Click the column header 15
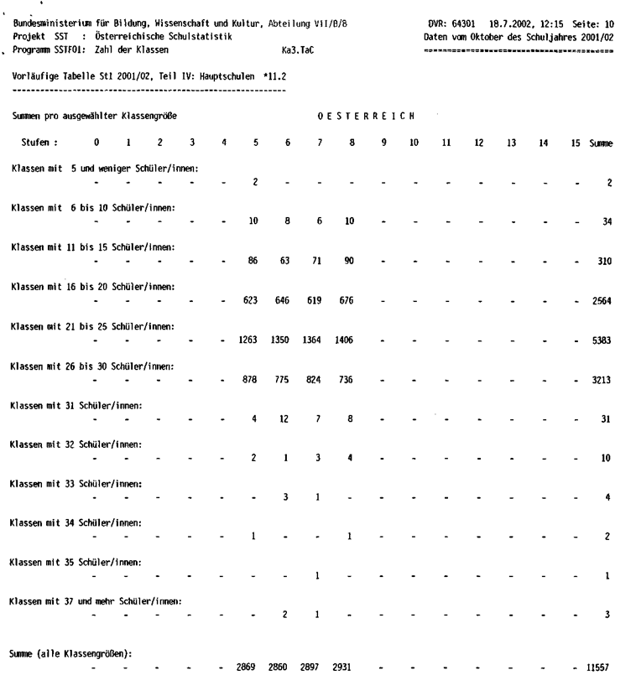pyautogui.click(x=575, y=143)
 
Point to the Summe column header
pyautogui.click(x=601, y=143)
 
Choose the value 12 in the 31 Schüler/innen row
pyautogui.click(x=286, y=418)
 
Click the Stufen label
pyautogui.click(x=39, y=143)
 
